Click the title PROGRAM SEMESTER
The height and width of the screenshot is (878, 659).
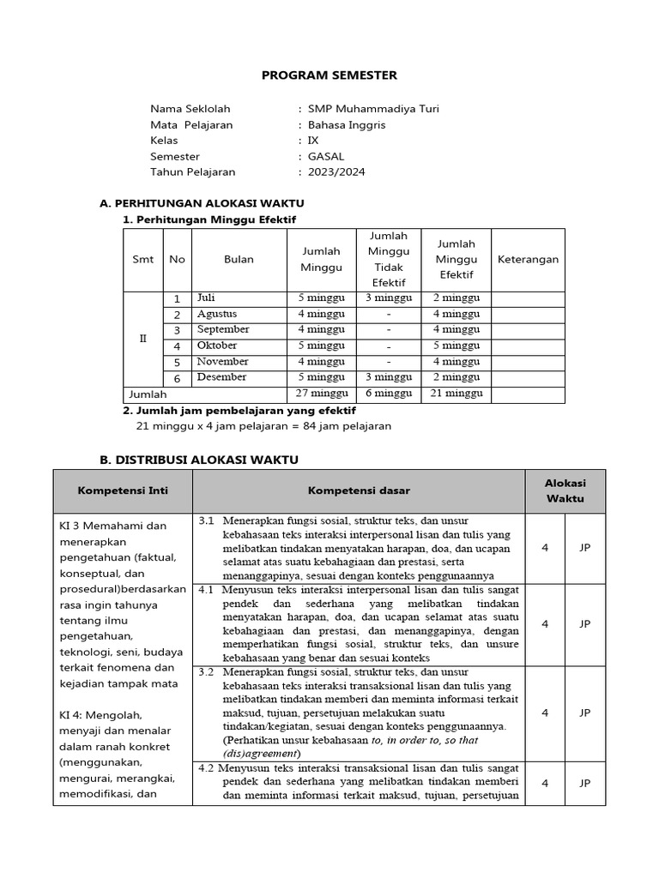pos(329,75)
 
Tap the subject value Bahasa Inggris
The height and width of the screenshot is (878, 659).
pos(347,125)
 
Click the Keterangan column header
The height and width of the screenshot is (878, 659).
pos(528,260)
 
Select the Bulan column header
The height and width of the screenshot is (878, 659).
pos(239,260)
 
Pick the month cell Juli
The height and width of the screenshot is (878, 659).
pos(206,298)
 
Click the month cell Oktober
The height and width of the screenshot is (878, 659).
pos(216,346)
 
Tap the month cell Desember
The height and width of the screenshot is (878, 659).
pos(221,377)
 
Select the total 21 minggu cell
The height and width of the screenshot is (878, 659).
pos(457,394)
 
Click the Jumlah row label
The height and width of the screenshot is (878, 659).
pos(148,394)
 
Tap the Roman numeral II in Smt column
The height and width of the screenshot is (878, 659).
pos(143,339)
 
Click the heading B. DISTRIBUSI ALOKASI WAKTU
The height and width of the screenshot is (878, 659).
pos(199,460)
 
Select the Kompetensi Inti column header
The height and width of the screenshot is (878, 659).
pos(123,491)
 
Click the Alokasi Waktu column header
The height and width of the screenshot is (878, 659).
pos(565,490)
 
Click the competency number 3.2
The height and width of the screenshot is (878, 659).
pos(206,673)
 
